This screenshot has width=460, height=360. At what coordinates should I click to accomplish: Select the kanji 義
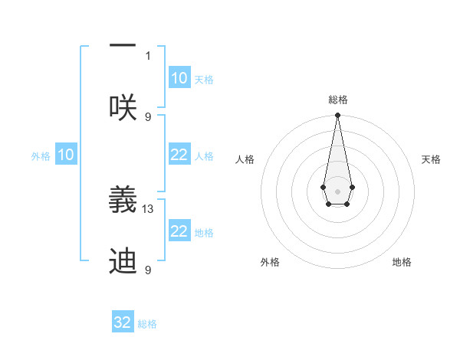pyautogui.click(x=123, y=201)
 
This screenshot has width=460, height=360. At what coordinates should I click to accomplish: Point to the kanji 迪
pyautogui.click(x=123, y=261)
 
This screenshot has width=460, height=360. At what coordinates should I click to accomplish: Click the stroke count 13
pyautogui.click(x=149, y=208)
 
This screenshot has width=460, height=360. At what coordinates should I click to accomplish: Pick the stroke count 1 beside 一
pyautogui.click(x=149, y=55)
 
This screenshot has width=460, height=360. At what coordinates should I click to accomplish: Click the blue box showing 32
pyautogui.click(x=123, y=322)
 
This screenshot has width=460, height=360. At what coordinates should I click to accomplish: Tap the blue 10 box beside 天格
pyautogui.click(x=179, y=78)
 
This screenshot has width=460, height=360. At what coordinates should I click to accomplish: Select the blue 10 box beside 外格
pyautogui.click(x=66, y=155)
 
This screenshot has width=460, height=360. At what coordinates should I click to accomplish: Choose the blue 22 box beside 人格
pyautogui.click(x=179, y=155)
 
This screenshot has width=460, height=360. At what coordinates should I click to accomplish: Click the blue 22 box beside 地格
pyautogui.click(x=179, y=231)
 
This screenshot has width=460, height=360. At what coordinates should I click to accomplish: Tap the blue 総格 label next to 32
pyautogui.click(x=147, y=324)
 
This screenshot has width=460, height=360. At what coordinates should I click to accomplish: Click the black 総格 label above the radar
pyautogui.click(x=337, y=100)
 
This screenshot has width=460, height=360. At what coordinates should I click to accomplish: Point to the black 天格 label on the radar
pyautogui.click(x=431, y=159)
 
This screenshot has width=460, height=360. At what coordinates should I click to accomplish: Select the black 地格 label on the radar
pyautogui.click(x=402, y=262)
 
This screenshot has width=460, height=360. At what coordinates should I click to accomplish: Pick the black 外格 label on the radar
pyautogui.click(x=270, y=262)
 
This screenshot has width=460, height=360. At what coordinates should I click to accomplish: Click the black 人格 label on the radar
pyautogui.click(x=245, y=159)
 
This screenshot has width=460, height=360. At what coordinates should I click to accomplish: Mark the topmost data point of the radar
pyautogui.click(x=337, y=116)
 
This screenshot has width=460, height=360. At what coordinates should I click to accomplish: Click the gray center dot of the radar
pyautogui.click(x=337, y=190)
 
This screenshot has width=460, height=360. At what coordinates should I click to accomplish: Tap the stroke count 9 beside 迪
pyautogui.click(x=149, y=270)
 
